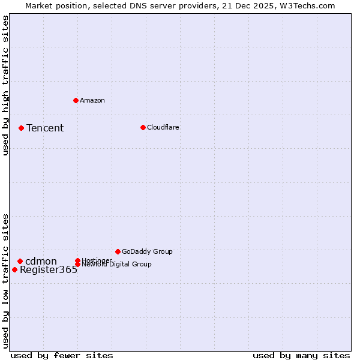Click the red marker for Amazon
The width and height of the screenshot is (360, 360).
click(76, 100)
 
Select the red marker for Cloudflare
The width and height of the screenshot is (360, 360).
click(143, 127)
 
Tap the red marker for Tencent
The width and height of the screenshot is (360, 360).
click(21, 128)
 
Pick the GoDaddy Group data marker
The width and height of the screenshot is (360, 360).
click(118, 251)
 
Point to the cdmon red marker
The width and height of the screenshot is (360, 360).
click(20, 261)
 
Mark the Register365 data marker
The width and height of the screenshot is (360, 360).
click(14, 269)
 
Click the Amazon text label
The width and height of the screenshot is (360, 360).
click(92, 100)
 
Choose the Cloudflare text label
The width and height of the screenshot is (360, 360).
click(163, 127)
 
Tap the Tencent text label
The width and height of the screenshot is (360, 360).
click(45, 128)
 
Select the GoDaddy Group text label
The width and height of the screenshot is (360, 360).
click(147, 251)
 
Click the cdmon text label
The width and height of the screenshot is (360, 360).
click(41, 261)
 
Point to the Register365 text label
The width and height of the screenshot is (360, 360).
click(49, 270)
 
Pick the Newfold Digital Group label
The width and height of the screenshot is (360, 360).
click(116, 265)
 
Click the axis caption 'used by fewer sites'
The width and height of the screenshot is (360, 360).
click(62, 355)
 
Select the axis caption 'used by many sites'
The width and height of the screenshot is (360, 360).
click(301, 355)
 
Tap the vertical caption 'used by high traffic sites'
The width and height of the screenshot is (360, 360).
click(5, 85)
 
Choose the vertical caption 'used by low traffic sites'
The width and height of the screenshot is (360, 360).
click(5, 280)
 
